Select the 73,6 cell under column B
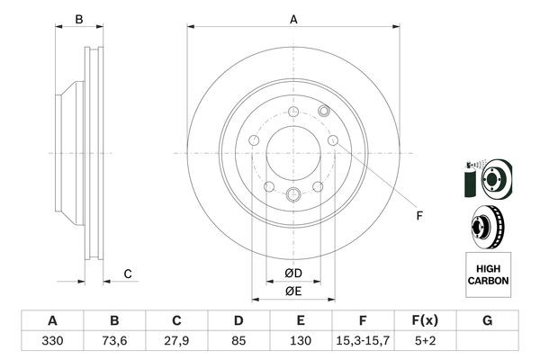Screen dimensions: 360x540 114,342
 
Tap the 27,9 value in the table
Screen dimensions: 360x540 176,342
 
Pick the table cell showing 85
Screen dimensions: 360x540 238,342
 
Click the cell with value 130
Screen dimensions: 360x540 301,342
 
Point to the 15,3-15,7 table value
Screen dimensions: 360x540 364,342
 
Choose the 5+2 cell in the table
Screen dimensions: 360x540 426,342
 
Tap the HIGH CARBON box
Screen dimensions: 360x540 488,274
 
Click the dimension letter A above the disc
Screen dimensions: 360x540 293,19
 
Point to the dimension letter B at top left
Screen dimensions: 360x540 79,19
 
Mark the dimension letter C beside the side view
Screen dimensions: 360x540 128,274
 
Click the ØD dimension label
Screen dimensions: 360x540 293,273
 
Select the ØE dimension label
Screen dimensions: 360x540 293,291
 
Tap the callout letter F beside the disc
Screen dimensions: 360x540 418,215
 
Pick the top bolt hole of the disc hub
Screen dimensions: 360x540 293,111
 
